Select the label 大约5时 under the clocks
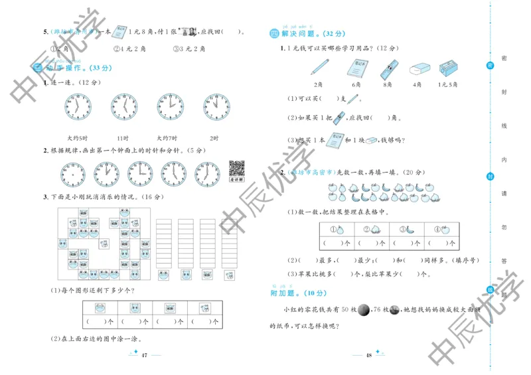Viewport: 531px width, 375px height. click(x=78, y=137)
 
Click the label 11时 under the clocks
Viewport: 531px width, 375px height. click(x=122, y=137)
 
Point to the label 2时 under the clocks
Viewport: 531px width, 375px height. click(x=214, y=137)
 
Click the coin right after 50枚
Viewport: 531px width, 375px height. click(x=364, y=310)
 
